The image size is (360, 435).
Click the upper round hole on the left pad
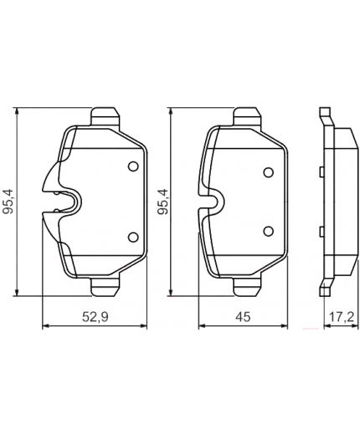[x=131, y=166]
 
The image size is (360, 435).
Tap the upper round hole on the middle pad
[x=268, y=173]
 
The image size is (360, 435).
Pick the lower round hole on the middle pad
[x=268, y=230]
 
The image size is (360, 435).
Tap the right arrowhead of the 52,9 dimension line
[x=144, y=326]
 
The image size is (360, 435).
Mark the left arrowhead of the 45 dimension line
[x=199, y=326]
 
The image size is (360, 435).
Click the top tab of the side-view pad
[x=326, y=116]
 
